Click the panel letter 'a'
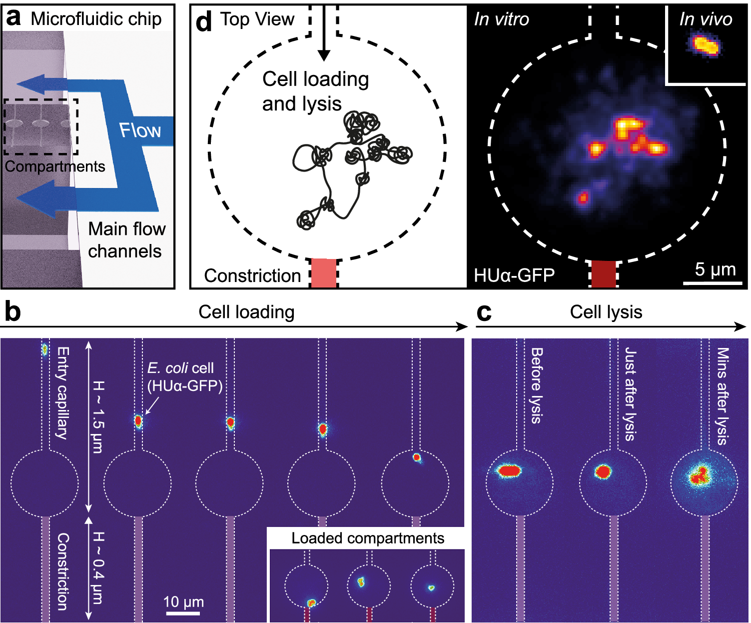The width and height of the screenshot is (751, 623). pos(13,18)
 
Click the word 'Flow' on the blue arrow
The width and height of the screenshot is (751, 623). pos(140,130)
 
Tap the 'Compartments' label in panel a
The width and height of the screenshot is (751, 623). pos(55,166)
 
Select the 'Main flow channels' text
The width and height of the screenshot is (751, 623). pos(126,240)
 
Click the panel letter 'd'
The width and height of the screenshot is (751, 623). pos(204,22)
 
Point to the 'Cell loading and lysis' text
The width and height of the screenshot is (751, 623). pos(315,91)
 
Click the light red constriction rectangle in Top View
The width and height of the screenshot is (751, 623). pos(324,273)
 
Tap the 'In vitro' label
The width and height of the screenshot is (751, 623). pos(501,19)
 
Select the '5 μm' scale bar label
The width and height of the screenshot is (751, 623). pos(715,269)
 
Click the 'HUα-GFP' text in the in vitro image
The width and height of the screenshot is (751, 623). pos(514,275)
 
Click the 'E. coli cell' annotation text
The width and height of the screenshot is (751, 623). pos(180,368)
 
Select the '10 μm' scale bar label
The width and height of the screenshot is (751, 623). pos(183,602)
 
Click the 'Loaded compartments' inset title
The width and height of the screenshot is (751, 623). pos(368,538)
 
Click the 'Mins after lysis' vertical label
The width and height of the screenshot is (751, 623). pos(723,396)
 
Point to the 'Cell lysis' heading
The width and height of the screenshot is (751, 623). pos(606,312)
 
